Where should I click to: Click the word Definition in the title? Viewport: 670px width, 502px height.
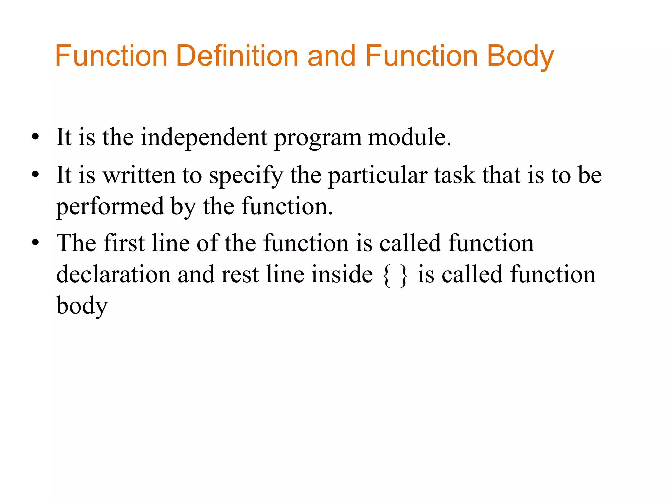coord(237,56)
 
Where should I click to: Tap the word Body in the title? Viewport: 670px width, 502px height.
coord(520,56)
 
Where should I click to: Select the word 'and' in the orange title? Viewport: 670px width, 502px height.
coord(331,56)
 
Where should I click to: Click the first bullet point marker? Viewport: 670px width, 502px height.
coord(35,137)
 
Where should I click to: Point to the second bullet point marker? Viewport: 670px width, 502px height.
coord(35,175)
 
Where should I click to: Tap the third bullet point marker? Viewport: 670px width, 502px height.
coord(35,243)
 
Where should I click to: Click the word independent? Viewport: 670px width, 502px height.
coord(204,137)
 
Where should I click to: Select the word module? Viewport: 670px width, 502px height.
coord(409,137)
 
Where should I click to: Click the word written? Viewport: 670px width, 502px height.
coord(139,175)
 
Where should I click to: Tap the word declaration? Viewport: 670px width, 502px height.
coord(114,274)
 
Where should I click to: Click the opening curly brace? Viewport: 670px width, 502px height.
coord(386,275)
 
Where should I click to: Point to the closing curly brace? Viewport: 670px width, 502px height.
coord(404,275)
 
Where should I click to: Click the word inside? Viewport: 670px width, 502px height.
coord(342,274)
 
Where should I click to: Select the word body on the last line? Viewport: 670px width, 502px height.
coord(82,306)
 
